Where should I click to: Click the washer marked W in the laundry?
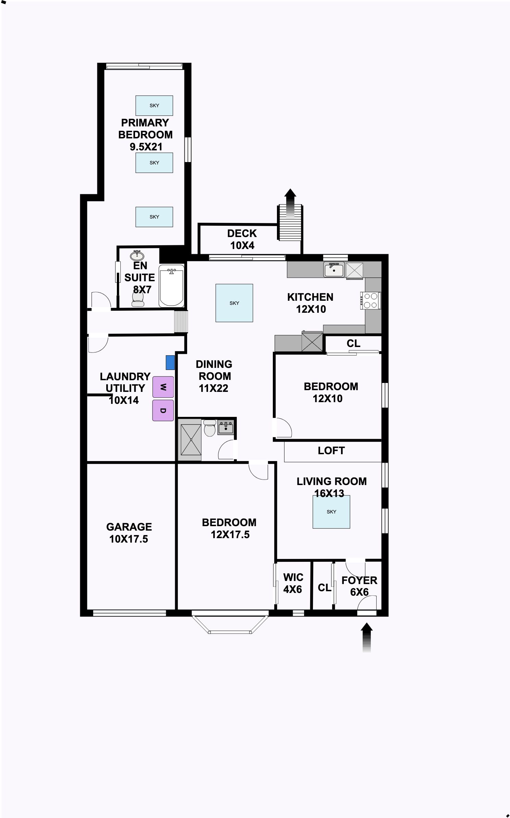pos(163,387)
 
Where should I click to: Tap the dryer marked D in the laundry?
pos(163,410)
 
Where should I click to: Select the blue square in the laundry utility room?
pos(170,362)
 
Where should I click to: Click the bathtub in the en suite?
pos(171,286)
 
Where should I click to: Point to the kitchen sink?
pos(334,270)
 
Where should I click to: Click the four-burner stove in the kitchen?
pos(370,300)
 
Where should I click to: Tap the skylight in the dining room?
pos(234,303)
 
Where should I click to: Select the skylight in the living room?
pos(331,512)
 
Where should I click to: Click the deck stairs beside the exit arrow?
pos(290,223)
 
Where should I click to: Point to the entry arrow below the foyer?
pos(367,637)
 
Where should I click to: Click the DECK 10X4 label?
pos(242,239)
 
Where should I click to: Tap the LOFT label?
pos(331,450)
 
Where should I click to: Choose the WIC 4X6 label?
pos(293,583)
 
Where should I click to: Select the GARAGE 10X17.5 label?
pos(129,533)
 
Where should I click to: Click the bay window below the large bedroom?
pos(230,622)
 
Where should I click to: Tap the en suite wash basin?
pos(137,256)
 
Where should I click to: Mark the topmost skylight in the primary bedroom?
pos(154,106)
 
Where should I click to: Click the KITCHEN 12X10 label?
pos(311,303)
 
